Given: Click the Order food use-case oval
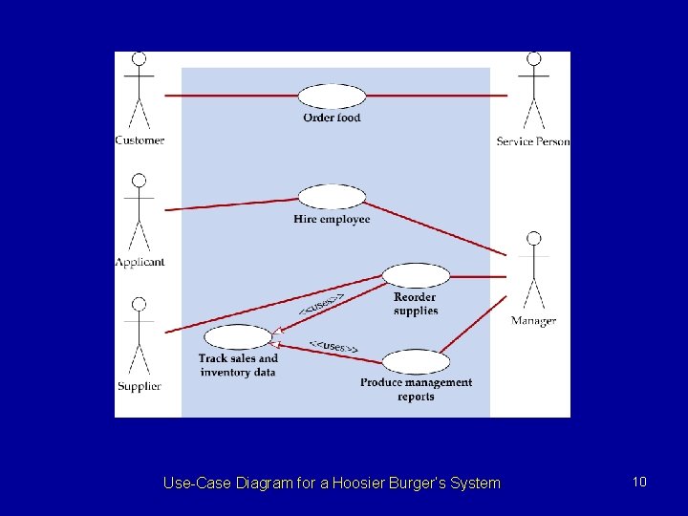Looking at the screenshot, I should pos(332,96).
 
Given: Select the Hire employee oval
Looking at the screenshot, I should pos(332,197).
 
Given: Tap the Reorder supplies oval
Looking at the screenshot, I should pos(416,276).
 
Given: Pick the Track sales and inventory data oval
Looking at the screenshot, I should pos(238,337).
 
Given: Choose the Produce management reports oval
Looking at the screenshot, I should pos(416,361).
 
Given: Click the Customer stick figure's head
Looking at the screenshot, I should pos(140,59).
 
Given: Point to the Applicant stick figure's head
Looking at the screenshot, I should pos(140,181).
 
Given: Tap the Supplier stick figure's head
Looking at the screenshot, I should pos(140,304).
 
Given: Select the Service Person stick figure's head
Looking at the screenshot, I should pos(533,59).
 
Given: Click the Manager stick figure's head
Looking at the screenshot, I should pos(533,238).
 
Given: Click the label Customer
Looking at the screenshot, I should pos(140,140).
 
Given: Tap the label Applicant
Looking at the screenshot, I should pos(140,262).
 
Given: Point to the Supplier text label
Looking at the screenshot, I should pos(140,386).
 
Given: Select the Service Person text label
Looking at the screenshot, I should pos(533,141).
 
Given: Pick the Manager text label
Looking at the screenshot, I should pos(533,321).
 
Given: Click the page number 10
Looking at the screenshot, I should pos(639,482).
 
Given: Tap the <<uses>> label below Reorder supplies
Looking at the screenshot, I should pos(322,304).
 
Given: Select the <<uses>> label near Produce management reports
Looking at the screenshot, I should pos(333,347).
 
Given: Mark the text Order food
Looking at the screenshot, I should pos(332,118).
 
